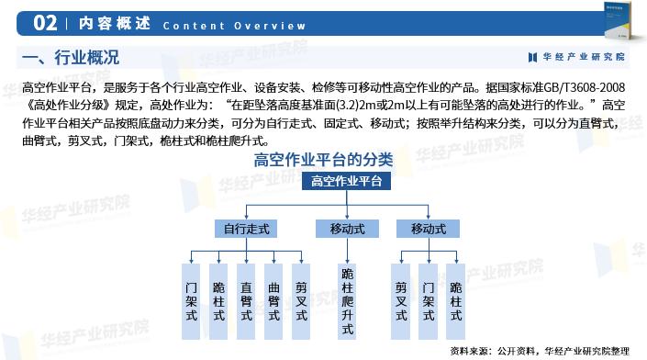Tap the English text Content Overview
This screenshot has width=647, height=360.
(x=234, y=25)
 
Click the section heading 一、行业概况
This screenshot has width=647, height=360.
(x=70, y=59)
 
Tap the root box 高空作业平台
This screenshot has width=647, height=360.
(x=351, y=181)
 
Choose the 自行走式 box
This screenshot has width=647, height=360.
(x=246, y=229)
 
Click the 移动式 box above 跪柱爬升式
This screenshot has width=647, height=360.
(x=347, y=229)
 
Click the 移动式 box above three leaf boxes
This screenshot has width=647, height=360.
(x=429, y=229)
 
